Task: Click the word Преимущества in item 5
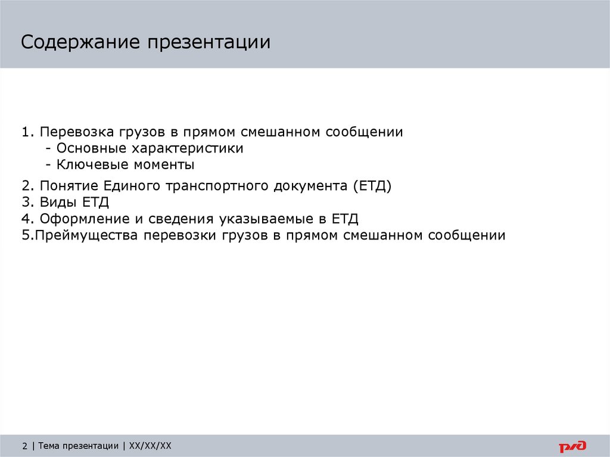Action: [x=87, y=235]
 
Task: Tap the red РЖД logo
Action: [x=572, y=446]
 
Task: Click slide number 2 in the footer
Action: [x=25, y=446]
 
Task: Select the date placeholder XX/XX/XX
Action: [x=150, y=446]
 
